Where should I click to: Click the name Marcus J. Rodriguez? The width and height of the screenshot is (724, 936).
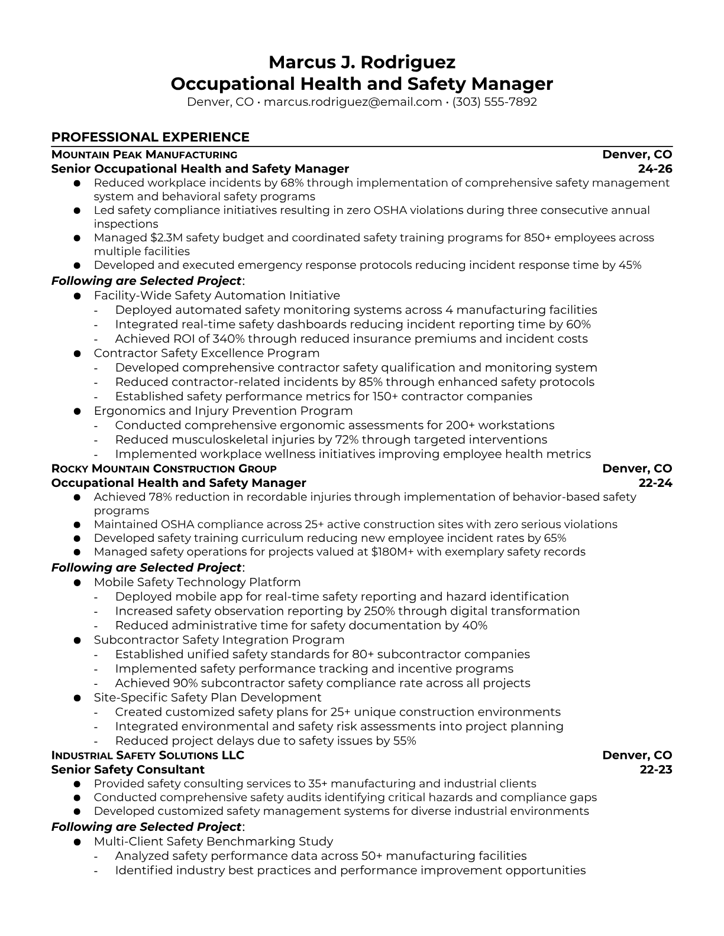[x=362, y=62]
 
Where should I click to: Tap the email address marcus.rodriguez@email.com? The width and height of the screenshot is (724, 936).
[x=353, y=102]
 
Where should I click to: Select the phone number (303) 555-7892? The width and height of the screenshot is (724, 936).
[x=494, y=102]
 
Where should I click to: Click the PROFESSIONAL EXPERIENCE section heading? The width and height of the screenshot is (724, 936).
[x=150, y=137]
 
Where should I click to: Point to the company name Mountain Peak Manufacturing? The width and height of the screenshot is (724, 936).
[x=144, y=155]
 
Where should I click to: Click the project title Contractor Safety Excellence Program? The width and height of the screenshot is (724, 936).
[x=206, y=353]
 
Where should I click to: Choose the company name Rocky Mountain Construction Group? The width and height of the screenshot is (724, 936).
[x=164, y=469]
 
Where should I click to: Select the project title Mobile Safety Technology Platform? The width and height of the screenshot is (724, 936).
[x=197, y=583]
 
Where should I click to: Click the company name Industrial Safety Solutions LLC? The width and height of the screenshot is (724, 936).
[x=148, y=756]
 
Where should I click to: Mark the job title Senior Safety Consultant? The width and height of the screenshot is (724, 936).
[x=128, y=770]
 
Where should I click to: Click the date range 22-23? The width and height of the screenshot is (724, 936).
[x=656, y=770]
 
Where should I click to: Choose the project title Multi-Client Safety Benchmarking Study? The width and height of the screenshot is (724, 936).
[x=214, y=841]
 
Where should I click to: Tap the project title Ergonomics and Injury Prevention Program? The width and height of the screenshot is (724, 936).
[x=223, y=411]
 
